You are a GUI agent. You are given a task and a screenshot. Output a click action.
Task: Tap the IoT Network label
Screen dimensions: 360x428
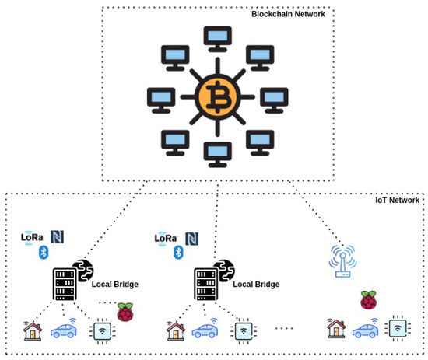(397, 200)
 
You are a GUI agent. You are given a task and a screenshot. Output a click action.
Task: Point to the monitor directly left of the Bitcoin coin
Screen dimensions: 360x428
(160, 97)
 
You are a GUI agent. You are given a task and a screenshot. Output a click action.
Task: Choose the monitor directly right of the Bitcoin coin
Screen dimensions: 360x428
(274, 97)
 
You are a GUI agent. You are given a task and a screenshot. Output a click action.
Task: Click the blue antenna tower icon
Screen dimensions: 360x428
(342, 261)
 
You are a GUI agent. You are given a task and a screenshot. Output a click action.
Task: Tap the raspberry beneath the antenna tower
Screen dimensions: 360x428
(368, 300)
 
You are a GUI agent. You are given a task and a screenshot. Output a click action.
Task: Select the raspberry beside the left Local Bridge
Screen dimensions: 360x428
(125, 312)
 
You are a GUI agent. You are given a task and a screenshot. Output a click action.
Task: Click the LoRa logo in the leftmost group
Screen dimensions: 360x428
(33, 237)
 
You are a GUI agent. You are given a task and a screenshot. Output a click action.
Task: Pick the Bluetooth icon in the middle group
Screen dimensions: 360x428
(178, 252)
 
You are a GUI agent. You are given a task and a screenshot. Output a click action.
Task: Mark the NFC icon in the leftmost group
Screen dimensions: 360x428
(57, 236)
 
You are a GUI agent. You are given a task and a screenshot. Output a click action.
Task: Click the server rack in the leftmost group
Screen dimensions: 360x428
(64, 284)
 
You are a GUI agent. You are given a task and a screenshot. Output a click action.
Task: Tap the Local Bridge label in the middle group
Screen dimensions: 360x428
(255, 285)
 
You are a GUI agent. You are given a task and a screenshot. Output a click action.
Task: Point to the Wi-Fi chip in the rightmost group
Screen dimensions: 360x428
(398, 329)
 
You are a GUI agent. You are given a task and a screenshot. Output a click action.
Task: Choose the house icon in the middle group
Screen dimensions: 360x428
(175, 331)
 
